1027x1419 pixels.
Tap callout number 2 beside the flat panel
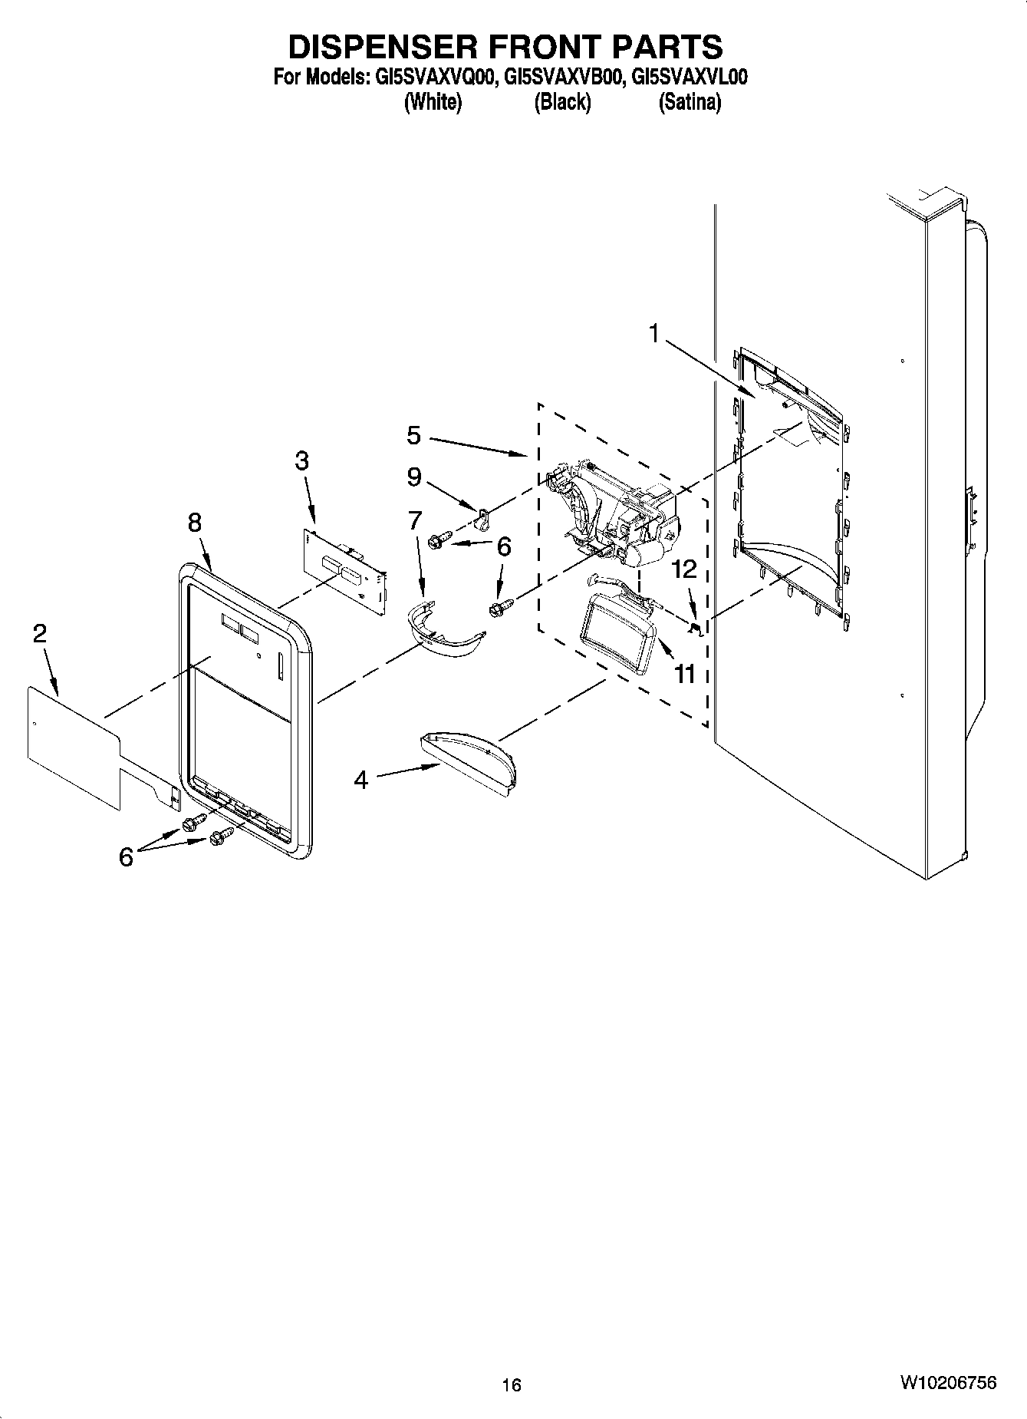tap(39, 633)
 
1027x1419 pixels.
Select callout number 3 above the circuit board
tap(301, 461)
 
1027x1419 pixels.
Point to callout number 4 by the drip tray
tap(360, 780)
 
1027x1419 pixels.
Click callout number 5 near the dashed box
tap(413, 435)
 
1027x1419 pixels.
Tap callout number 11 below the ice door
tap(684, 674)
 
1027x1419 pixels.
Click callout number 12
tap(684, 569)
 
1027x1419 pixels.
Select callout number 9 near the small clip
tap(413, 477)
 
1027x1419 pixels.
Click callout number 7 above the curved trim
tap(415, 520)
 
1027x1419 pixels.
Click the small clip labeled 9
tap(482, 520)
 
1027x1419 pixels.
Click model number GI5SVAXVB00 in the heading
tap(561, 78)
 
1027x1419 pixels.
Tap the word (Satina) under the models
tap(690, 101)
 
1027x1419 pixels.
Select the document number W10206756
tap(948, 1382)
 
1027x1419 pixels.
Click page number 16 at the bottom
tap(512, 1384)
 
